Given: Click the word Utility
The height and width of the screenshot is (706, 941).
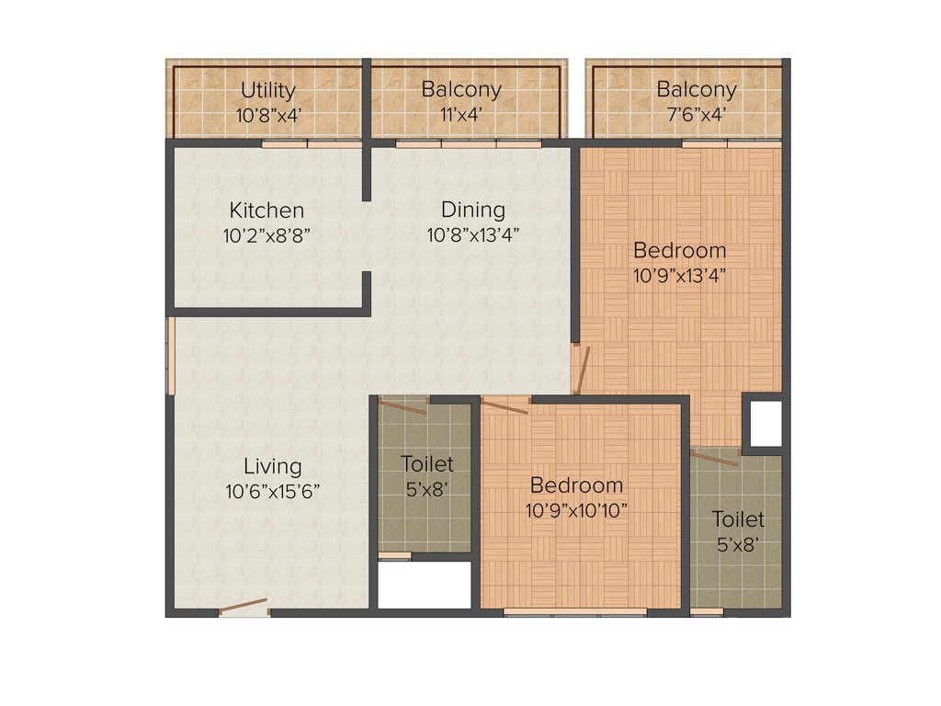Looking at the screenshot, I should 268,90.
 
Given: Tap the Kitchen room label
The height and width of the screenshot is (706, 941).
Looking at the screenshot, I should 266,211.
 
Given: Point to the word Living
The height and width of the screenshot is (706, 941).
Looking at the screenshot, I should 272,466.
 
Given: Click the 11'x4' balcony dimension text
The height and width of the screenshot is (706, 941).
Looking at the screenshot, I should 461,115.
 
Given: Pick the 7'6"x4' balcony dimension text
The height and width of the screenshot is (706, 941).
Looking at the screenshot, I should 696,115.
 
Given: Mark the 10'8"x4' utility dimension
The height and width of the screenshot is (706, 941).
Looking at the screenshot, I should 268,115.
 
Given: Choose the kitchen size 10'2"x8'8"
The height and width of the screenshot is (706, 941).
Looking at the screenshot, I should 266,234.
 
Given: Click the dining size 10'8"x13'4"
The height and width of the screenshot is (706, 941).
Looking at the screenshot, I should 472,234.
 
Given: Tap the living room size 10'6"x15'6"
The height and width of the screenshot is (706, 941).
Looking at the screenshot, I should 272,492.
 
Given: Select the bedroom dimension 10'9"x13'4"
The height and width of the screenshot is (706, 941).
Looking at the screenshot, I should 679,274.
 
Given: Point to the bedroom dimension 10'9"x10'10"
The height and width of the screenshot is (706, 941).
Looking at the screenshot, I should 576,510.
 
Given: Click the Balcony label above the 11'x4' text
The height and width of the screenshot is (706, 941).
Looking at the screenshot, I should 461,90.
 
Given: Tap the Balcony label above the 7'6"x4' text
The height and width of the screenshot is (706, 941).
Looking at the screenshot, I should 696,90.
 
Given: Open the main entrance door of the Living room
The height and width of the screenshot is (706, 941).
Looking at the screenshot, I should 244,608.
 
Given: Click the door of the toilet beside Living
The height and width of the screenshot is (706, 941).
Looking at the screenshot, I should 403,405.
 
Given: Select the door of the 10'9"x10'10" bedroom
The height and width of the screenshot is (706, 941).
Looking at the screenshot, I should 505,405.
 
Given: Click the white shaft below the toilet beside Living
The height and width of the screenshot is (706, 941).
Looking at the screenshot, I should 425,586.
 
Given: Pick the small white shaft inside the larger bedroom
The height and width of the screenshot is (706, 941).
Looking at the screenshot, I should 763,423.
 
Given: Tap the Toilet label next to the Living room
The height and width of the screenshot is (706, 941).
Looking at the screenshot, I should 426,464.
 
